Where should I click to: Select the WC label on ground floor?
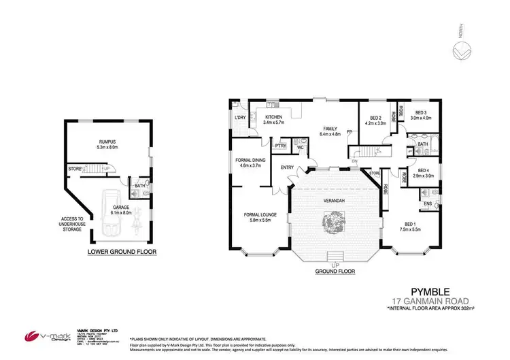pyautogui.click(x=299, y=148)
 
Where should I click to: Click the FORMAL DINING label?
pyautogui.click(x=244, y=162)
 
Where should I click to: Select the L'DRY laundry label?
pyautogui.click(x=239, y=117)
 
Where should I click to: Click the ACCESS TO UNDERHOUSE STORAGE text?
pyautogui.click(x=70, y=224)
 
